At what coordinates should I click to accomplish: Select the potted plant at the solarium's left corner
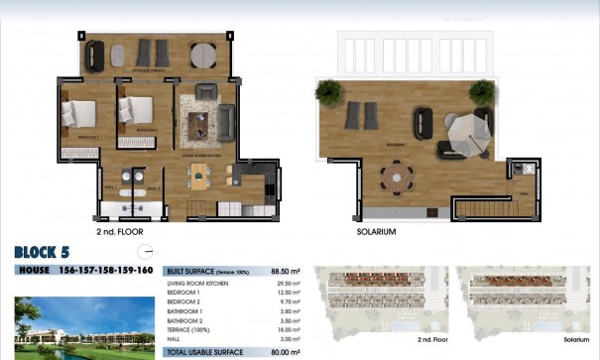tap(327, 91)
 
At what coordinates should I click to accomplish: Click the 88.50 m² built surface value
tap(286, 270)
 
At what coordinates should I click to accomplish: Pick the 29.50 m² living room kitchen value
tap(286, 284)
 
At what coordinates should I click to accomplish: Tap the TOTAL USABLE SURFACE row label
tap(206, 351)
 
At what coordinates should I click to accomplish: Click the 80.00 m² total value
tap(286, 351)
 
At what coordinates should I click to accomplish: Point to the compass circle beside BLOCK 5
tap(146, 251)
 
